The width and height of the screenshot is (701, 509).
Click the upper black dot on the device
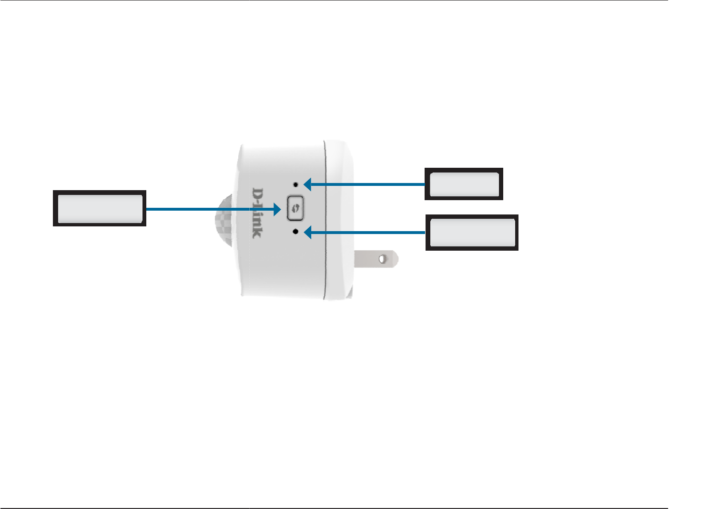[x=296, y=184]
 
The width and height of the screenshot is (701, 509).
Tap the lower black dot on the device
[x=296, y=232]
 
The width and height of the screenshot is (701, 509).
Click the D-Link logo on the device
[x=257, y=213]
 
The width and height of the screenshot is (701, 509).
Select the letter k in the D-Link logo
[x=257, y=232]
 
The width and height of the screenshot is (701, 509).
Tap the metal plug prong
[x=376, y=259]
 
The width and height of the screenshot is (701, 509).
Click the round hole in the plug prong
[x=383, y=259]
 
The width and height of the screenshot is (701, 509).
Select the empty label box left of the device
[x=100, y=208]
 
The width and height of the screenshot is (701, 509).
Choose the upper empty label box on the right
[x=464, y=184]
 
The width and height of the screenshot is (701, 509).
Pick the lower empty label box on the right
[x=472, y=232]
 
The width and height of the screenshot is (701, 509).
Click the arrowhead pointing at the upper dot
[x=308, y=184]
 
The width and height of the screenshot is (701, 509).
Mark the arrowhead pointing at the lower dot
[x=308, y=232]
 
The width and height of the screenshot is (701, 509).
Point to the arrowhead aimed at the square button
[x=276, y=209]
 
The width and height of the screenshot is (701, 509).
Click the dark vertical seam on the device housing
[x=325, y=219]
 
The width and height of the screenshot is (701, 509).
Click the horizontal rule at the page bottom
[x=334, y=508]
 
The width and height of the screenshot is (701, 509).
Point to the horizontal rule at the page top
[x=334, y=0]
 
